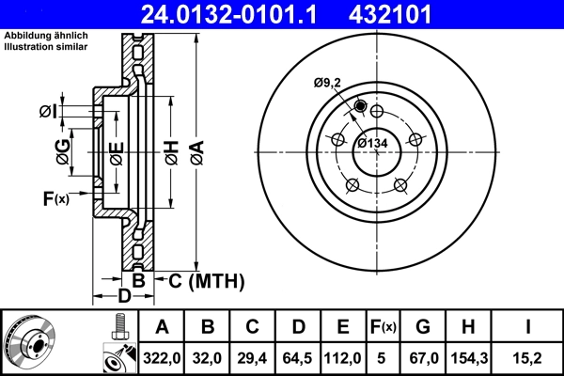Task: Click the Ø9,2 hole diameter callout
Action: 329,83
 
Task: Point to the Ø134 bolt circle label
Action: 373,143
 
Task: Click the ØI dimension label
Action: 50,113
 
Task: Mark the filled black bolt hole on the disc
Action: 360,106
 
